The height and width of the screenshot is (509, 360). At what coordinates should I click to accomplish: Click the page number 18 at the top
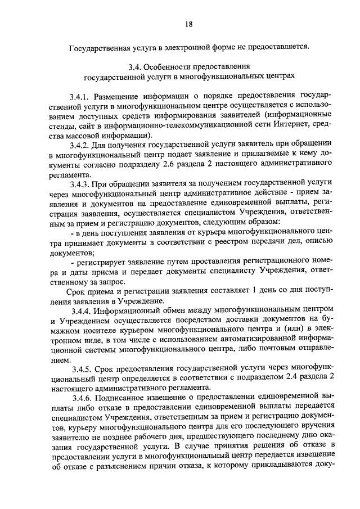click(189, 24)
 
